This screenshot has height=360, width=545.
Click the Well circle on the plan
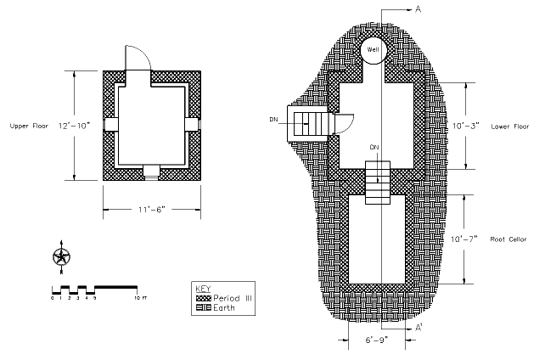(374, 50)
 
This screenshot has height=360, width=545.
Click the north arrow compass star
(61, 256)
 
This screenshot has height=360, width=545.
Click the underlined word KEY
(203, 288)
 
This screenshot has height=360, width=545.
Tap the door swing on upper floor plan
(138, 58)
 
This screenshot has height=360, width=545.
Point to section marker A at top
(419, 9)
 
